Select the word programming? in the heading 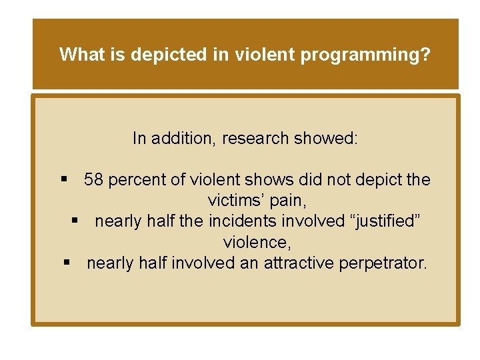[x=365, y=55]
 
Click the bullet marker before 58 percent [x=65, y=180]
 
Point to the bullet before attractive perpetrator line [x=67, y=263]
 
